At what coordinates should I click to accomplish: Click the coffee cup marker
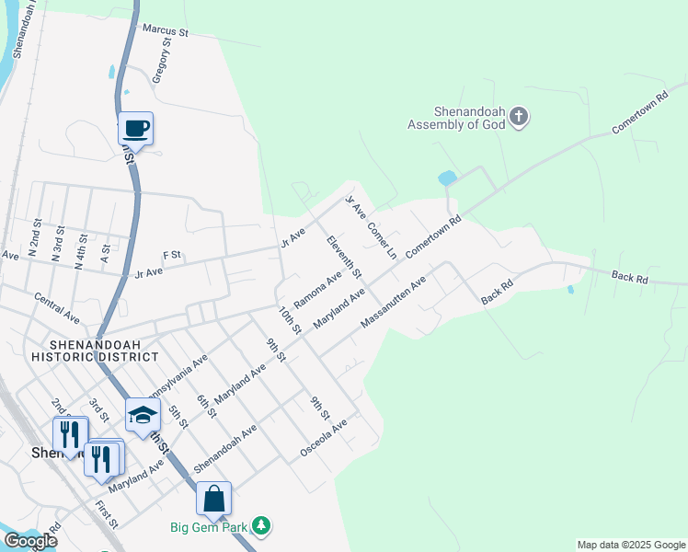pyautogui.click(x=136, y=129)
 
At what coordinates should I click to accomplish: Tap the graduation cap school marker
pyautogui.click(x=143, y=415)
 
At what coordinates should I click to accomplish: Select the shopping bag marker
pyautogui.click(x=213, y=499)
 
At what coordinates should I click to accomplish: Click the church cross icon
pyautogui.click(x=520, y=116)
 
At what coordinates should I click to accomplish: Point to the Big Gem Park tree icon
pyautogui.click(x=263, y=525)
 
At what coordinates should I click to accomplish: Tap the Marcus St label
pyautogui.click(x=165, y=30)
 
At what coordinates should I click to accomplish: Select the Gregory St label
pyautogui.click(x=162, y=62)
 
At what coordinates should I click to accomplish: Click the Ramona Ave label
pyautogui.click(x=317, y=289)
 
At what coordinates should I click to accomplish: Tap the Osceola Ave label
pyautogui.click(x=323, y=439)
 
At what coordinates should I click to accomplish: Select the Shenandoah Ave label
pyautogui.click(x=224, y=448)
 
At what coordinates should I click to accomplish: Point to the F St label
pyautogui.click(x=171, y=255)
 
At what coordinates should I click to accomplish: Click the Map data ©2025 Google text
pyautogui.click(x=631, y=545)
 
